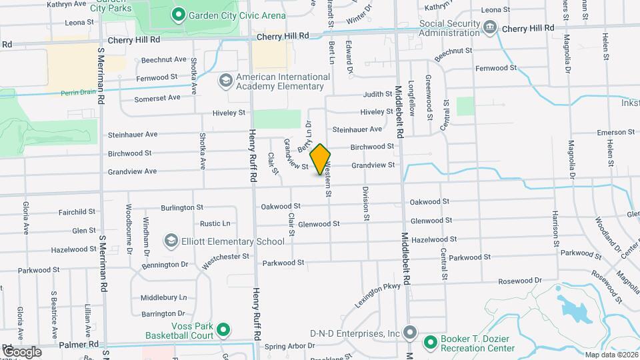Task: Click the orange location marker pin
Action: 321,159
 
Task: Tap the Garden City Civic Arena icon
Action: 178,14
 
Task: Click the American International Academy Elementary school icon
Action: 225,81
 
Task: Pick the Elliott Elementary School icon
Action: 171,241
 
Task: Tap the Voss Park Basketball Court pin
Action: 224,329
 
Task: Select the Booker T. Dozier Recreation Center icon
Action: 430,343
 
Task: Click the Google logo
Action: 21,351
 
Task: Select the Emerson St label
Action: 615,132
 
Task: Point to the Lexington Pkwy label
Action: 377,292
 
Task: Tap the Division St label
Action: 366,203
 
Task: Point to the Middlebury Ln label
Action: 163,297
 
